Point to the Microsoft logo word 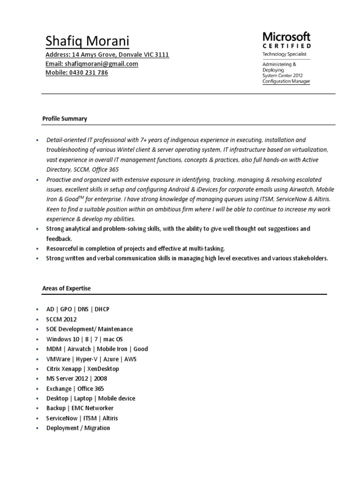(x=286, y=36)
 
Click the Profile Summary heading (x=65, y=119)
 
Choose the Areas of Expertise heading (x=67, y=288)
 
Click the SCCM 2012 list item (x=61, y=319)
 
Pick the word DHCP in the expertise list (x=102, y=309)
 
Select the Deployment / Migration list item (x=78, y=428)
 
